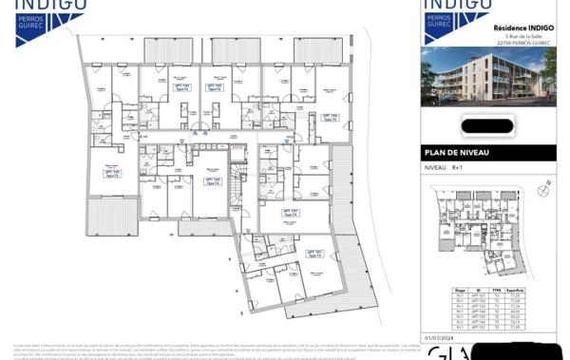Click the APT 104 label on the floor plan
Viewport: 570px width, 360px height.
point(181,86)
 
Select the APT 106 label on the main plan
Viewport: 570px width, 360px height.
point(329,117)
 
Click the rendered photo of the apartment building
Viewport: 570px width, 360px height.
point(488,76)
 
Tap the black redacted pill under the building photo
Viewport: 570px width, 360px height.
point(487,124)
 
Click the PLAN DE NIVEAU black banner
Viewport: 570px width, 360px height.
point(488,153)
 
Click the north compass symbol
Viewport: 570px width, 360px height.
point(541,191)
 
